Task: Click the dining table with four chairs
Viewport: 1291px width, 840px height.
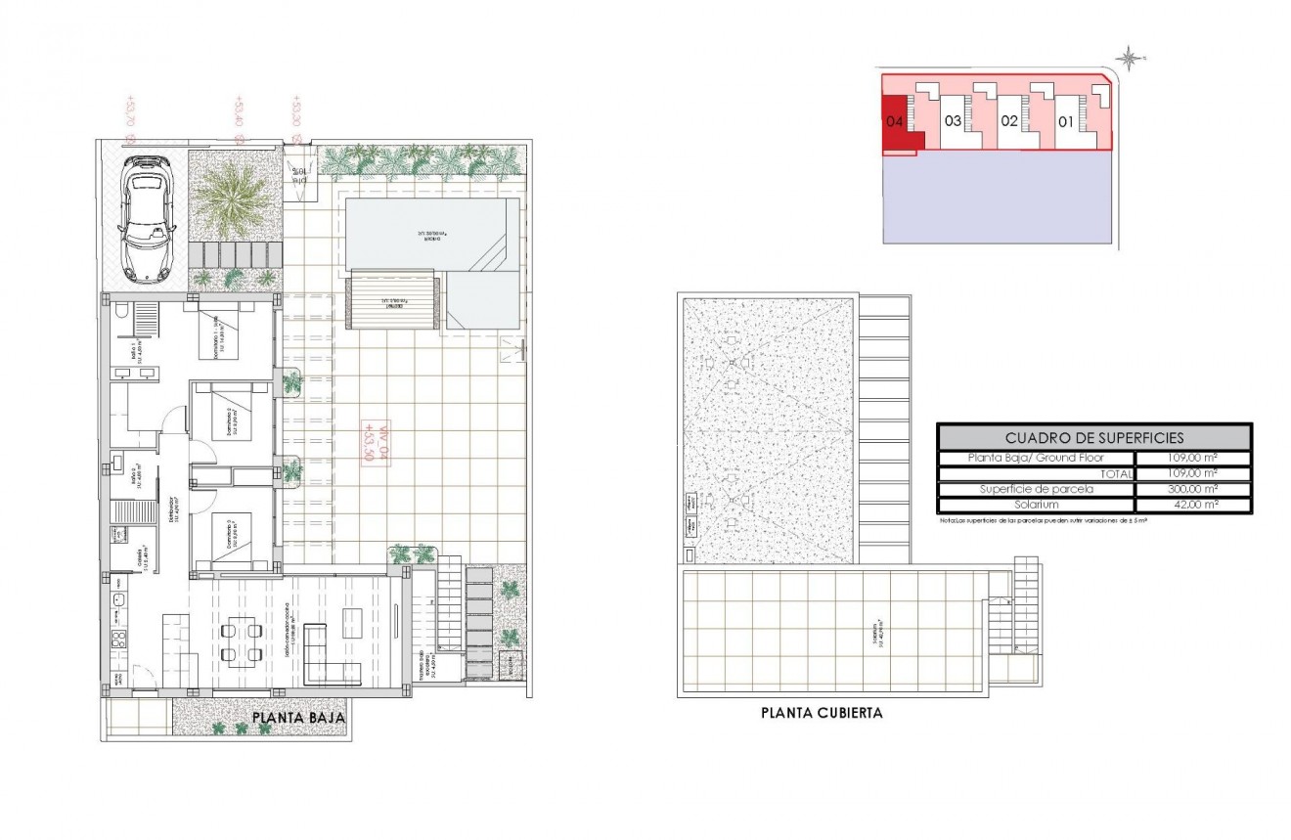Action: [x=241, y=641]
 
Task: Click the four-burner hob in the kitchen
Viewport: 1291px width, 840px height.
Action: [x=119, y=641]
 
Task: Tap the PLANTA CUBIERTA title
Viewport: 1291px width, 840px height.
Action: [x=822, y=713]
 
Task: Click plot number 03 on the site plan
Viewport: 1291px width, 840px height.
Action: [x=953, y=122]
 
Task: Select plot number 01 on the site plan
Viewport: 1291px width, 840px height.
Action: [x=1066, y=122]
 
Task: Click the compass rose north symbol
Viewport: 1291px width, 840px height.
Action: [x=1130, y=59]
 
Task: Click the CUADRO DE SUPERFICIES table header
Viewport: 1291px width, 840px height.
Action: [x=1093, y=437]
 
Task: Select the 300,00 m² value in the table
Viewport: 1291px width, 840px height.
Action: [x=1192, y=489]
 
